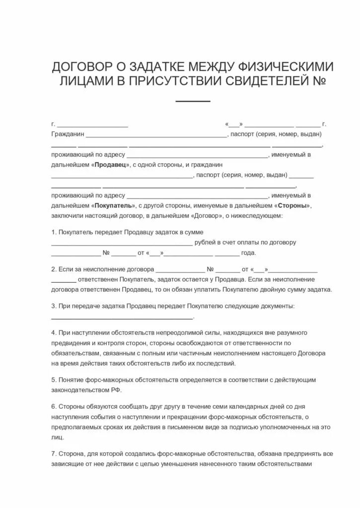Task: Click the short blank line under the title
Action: pos(193,101)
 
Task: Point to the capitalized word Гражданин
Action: pos(68,134)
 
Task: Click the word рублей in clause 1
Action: pos(205,243)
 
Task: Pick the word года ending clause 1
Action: pos(248,253)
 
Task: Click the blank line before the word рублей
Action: pos(122,244)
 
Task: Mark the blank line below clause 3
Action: pos(122,318)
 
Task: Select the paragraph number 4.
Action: pos(53,332)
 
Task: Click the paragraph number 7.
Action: pos(53,454)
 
